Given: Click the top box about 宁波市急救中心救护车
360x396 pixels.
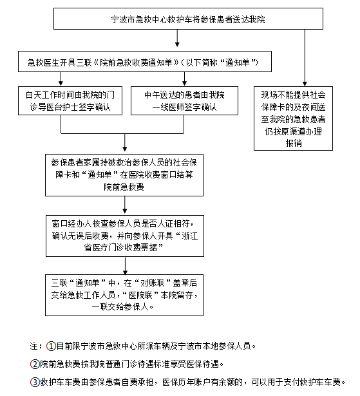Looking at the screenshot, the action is pos(188,19).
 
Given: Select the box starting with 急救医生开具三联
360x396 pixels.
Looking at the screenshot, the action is pos(145,62).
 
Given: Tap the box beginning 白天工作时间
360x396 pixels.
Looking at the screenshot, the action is pos(70,100).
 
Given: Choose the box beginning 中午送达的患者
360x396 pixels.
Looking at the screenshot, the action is pos(184,100).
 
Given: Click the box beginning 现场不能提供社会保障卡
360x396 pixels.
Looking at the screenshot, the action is pos(293,118).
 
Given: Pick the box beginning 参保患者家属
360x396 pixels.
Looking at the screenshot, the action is pos(124,175).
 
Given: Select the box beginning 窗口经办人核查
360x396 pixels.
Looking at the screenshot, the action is pos(125,236).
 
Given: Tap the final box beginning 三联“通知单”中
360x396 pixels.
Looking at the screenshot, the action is pos(124,295).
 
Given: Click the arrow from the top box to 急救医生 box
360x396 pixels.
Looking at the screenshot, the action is pos(177,38).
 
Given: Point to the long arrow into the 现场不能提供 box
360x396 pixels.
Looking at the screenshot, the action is pos(305,58).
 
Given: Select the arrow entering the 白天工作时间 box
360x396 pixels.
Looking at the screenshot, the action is pos(61,79).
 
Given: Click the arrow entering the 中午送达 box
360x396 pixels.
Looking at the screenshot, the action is pos(184,79).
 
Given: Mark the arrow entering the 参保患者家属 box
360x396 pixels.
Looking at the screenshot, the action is pos(124,143).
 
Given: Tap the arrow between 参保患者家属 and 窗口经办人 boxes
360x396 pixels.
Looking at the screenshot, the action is pos(124,205).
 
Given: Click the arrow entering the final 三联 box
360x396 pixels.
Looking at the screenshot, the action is pos(125,266).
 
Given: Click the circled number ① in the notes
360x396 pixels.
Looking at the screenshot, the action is pos(51,346).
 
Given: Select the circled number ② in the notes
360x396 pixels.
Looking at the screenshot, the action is pos(35,364).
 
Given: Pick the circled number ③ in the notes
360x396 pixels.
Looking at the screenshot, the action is pos(35,382).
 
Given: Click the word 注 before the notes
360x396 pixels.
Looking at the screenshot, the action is pos(33,346).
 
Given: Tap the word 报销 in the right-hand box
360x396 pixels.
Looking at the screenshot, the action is pos(294,143).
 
